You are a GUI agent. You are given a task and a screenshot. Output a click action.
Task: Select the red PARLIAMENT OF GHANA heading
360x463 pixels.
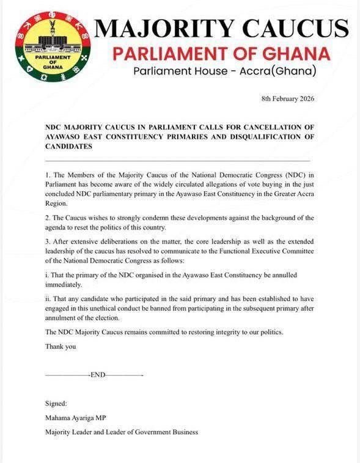tap(221, 53)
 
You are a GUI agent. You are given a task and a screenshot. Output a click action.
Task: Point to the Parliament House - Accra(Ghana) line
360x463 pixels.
tap(225, 72)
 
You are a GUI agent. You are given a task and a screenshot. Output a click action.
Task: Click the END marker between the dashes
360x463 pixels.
tap(98, 374)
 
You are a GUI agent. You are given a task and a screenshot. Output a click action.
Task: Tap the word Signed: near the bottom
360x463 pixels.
tap(57, 404)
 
